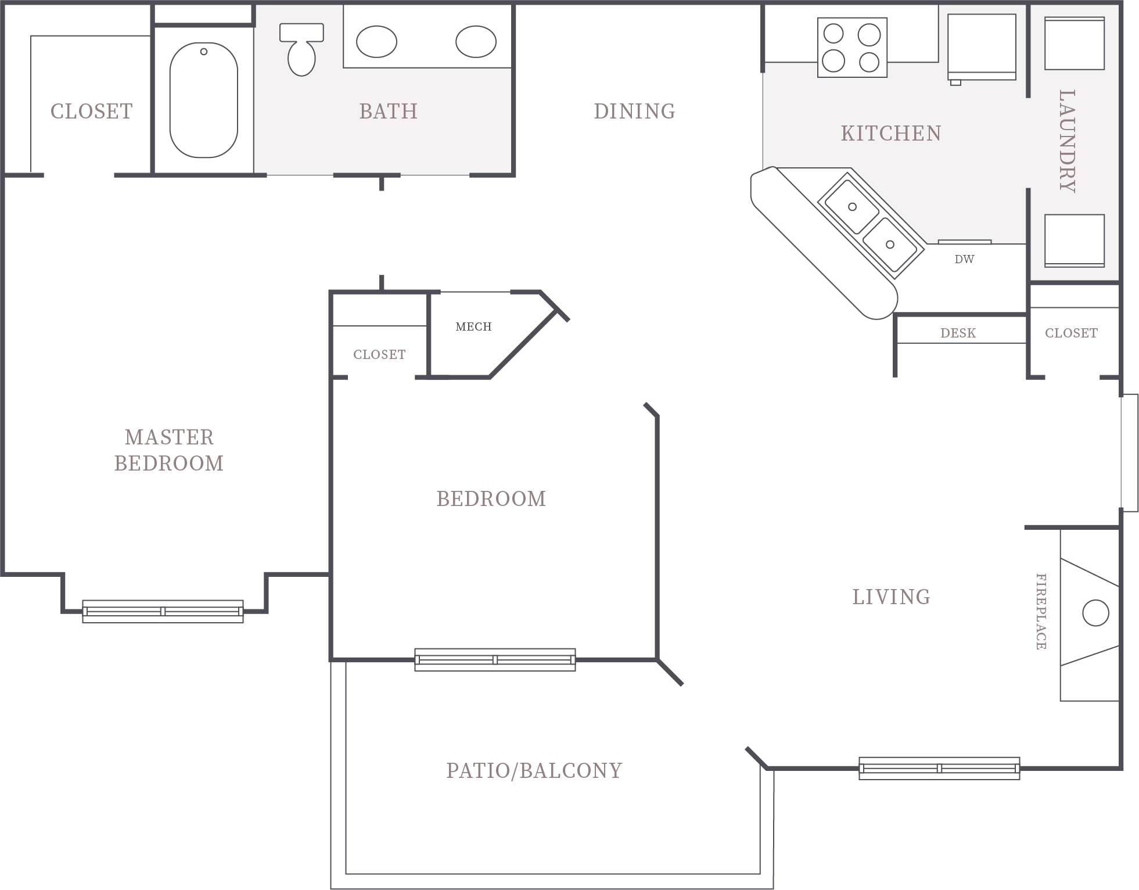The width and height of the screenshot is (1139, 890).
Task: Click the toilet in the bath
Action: pos(301,49)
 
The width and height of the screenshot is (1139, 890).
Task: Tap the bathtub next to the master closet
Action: pos(204,100)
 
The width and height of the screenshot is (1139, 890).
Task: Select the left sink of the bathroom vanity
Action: pos(376,42)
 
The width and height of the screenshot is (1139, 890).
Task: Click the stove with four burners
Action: pos(852,47)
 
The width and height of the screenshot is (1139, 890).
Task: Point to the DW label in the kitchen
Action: pos(964,260)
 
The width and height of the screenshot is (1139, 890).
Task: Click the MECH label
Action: pos(473,327)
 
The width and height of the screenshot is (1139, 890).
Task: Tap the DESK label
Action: pos(958,333)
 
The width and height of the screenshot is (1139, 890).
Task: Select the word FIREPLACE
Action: pos(1041,612)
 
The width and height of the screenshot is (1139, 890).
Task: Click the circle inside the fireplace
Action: pos(1095,613)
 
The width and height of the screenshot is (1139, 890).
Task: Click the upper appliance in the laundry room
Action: pos(1075,44)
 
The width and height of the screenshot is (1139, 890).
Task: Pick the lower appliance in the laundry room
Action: pos(1075,241)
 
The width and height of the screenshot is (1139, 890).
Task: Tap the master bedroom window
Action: pos(163,612)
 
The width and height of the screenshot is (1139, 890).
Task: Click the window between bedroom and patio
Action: pos(495,660)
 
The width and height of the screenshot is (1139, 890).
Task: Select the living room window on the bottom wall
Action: pos(939,769)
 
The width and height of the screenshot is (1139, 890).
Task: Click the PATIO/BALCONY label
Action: pos(534,771)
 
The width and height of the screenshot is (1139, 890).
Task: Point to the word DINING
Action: pos(634,112)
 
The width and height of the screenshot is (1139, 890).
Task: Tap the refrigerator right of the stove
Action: pos(982,48)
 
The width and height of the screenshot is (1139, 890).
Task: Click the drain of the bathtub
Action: pos(204,52)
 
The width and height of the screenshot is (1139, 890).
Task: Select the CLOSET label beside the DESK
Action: pos(1071,333)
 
